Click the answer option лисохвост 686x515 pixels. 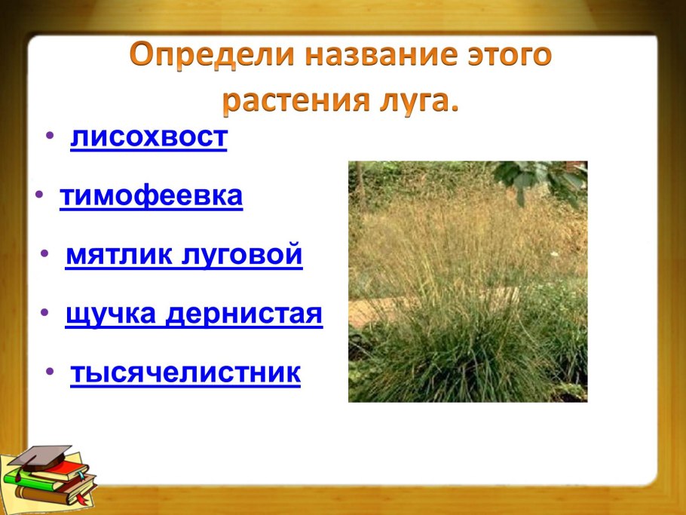pos(149,137)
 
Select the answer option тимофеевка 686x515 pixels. pos(151,195)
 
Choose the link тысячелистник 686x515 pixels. pos(185,372)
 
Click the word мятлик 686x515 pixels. pos(118,255)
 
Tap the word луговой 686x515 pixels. pos(241,256)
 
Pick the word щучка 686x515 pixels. pos(111,314)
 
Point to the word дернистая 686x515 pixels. pos(244,314)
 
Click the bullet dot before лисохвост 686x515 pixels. pos(51,135)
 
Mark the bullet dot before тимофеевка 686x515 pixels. pos(39,194)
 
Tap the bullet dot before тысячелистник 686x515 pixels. pos(51,372)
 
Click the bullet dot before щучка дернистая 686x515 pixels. pos(44,312)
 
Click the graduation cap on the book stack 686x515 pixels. pos(41,456)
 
